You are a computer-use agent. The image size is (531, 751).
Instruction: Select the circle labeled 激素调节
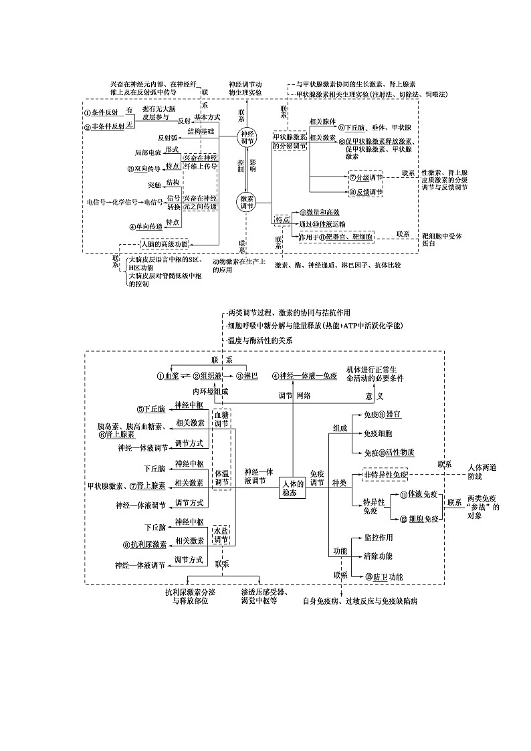247,203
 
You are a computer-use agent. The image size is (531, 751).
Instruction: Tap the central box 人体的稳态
293,488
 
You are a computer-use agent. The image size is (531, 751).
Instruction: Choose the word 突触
154,185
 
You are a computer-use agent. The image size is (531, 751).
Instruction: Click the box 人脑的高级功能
165,244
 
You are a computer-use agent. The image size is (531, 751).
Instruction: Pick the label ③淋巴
242,376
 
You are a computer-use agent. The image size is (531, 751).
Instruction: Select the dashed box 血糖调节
221,419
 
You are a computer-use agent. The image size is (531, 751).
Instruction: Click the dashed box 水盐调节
221,535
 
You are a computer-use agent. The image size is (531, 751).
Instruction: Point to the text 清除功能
378,556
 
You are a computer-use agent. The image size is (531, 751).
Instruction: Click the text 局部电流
148,152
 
